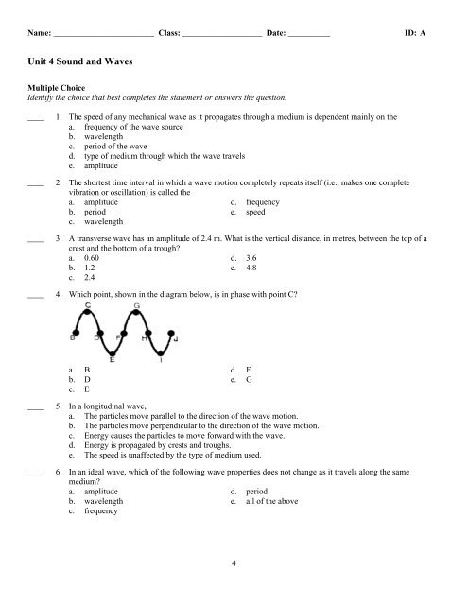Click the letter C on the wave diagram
click(88, 305)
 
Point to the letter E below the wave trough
click(113, 360)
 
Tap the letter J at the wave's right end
click(177, 337)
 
